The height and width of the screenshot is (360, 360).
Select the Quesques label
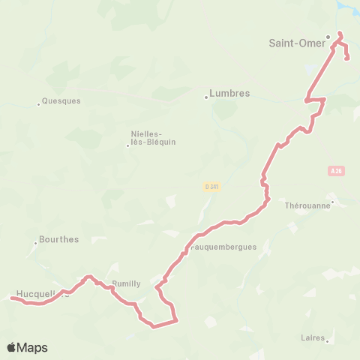pos(61,100)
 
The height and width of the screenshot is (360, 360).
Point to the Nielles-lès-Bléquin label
pos(153,139)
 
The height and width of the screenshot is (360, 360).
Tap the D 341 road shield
pos(211,186)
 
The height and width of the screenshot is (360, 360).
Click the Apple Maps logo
pos(27,347)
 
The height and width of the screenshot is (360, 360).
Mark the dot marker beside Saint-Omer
pos(328,36)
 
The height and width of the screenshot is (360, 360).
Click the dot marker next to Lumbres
pos(206,96)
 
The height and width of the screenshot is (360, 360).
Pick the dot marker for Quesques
pos(38,103)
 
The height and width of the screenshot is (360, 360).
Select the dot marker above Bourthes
pos(35,242)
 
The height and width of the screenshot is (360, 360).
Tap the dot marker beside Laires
pos(328,340)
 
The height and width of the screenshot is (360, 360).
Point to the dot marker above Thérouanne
pos(333,199)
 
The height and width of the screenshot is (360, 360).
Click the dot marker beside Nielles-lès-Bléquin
pos(127,145)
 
